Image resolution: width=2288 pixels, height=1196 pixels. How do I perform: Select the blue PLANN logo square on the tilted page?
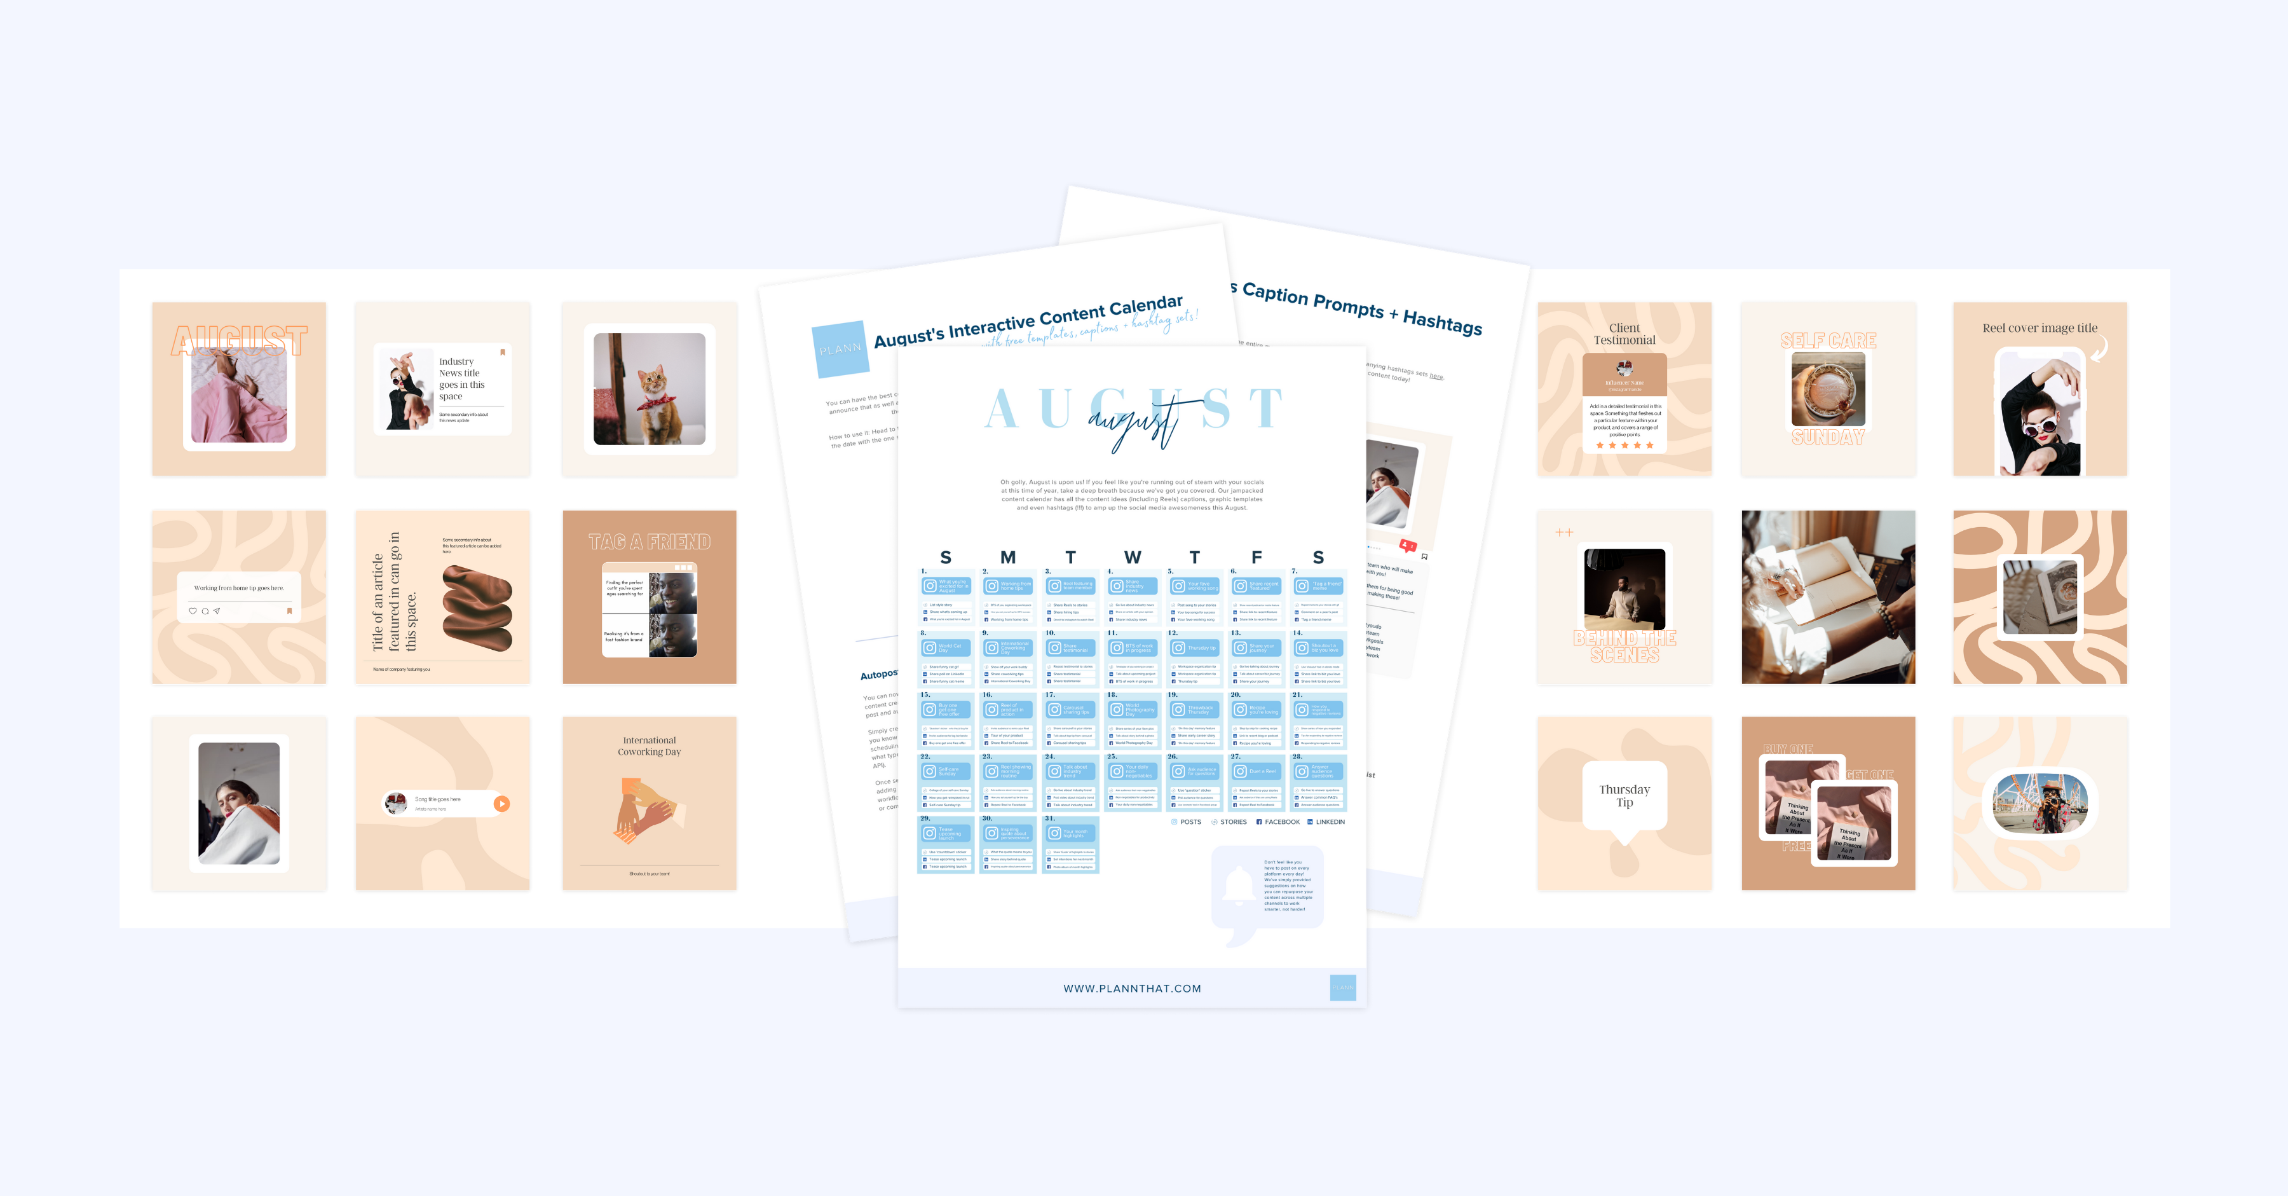pos(840,348)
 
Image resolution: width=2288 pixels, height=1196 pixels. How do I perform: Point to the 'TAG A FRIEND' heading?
pos(650,542)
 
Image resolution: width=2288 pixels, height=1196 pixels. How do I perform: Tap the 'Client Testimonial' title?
pos(1624,334)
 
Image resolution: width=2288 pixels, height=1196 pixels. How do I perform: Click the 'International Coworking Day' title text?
pos(650,745)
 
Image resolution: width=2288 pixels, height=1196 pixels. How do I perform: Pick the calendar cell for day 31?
pos(1070,845)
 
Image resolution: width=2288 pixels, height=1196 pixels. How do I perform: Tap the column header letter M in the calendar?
pos(1007,557)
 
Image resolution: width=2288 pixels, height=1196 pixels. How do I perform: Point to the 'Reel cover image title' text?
pos(2039,328)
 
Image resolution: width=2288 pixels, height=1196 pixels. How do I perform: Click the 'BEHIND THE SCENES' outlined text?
pos(1624,646)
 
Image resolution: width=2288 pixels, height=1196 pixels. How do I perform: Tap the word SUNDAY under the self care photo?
pos(1827,437)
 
